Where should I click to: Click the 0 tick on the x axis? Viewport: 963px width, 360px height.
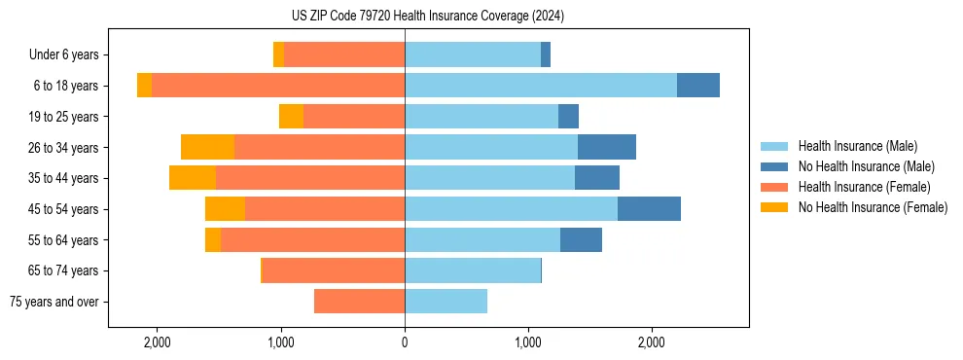[405, 342]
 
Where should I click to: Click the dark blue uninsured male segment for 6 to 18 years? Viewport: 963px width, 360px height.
[697, 86]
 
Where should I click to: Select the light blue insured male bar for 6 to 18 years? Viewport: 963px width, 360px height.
[540, 86]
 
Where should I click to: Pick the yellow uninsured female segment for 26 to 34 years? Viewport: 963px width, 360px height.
[207, 147]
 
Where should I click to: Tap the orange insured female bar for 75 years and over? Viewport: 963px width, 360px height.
[359, 302]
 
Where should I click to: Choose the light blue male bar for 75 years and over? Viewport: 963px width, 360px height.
[446, 302]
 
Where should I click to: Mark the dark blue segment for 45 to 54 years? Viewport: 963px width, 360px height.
[649, 209]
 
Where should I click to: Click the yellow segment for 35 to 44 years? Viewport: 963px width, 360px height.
[192, 178]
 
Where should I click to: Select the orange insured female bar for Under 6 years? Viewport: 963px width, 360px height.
[344, 55]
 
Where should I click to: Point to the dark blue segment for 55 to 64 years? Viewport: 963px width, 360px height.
[581, 239]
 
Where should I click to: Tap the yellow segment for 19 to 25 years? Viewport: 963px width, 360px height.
[291, 117]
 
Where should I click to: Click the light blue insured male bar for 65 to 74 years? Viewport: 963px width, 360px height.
[473, 270]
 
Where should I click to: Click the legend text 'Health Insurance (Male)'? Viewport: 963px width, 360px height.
[857, 147]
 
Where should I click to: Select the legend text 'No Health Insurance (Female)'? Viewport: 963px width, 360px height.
[873, 207]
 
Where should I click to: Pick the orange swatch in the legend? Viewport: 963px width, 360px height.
[774, 187]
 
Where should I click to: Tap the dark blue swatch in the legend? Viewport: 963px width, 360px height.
[774, 166]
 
